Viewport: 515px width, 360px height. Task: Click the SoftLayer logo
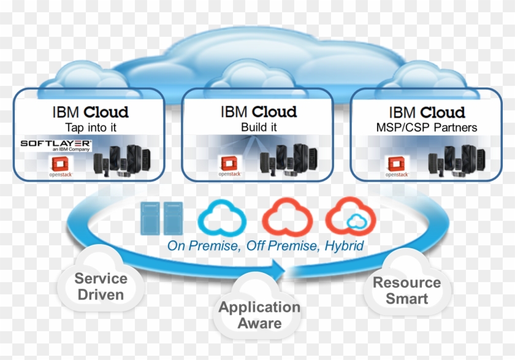click(56, 145)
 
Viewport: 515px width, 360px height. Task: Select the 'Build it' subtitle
click(258, 128)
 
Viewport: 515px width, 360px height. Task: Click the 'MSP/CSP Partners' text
click(426, 128)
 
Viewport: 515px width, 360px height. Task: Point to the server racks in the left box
click(122, 161)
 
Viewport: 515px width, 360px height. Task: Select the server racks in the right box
click(457, 161)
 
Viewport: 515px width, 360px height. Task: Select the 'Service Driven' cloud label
click(101, 286)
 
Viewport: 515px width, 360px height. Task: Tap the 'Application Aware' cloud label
click(259, 315)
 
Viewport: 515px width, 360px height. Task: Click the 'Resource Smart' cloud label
click(406, 291)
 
